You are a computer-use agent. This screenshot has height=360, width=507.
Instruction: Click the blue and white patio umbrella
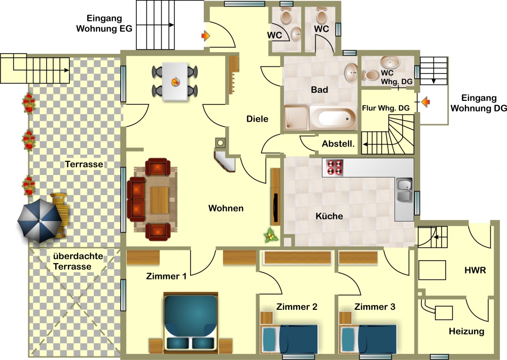[40, 220]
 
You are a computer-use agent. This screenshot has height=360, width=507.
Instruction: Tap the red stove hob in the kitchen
[334, 167]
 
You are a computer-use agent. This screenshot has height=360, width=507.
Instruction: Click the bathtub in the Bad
[334, 118]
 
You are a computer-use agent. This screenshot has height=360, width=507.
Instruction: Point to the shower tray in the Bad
[296, 118]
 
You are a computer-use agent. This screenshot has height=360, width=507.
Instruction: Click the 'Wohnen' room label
[226, 208]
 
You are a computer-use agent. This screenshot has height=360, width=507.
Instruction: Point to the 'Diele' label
[258, 119]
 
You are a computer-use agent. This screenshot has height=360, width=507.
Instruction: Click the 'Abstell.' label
[338, 143]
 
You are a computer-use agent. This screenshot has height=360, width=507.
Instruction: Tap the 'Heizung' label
[466, 332]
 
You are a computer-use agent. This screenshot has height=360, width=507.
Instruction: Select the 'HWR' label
[475, 270]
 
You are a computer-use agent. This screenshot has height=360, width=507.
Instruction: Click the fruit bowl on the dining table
[175, 82]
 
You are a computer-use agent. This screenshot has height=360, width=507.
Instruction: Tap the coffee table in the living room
[159, 200]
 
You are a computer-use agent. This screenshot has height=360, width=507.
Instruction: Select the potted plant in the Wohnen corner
[270, 235]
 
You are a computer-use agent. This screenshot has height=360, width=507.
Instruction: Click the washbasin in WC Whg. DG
[390, 62]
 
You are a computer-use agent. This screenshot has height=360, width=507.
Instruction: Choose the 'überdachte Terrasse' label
[78, 261]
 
